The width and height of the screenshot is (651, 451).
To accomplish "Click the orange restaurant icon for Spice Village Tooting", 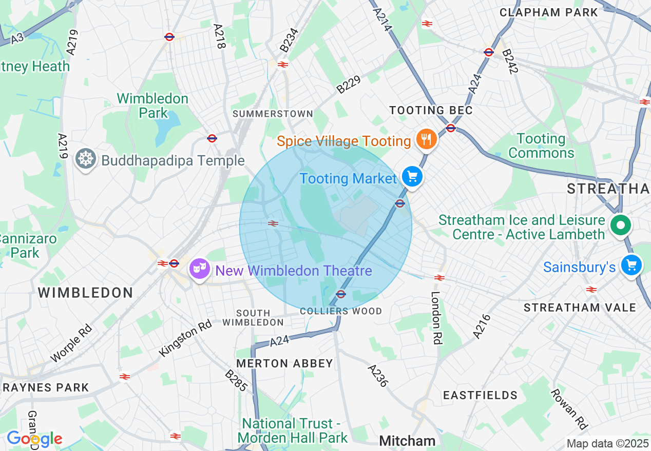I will click(x=426, y=138).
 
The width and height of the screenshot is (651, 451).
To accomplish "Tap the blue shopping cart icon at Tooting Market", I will click(x=411, y=176).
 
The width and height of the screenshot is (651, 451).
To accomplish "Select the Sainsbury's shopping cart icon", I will click(x=631, y=265).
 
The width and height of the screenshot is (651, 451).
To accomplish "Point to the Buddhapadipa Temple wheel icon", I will click(x=85, y=159).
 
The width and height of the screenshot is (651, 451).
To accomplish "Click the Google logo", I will click(x=34, y=439).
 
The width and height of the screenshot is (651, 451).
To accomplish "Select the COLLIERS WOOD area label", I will click(x=341, y=311).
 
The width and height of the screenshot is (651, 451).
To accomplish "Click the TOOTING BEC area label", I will click(x=431, y=110).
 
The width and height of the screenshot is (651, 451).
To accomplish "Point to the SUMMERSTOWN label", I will click(x=273, y=114).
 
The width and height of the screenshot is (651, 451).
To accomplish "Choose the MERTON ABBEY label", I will click(x=284, y=363).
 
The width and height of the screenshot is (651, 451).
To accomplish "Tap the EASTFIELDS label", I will click(x=481, y=395).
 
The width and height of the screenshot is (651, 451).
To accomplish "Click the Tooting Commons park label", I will click(x=541, y=146).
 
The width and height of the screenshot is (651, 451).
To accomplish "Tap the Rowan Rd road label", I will click(x=568, y=408).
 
